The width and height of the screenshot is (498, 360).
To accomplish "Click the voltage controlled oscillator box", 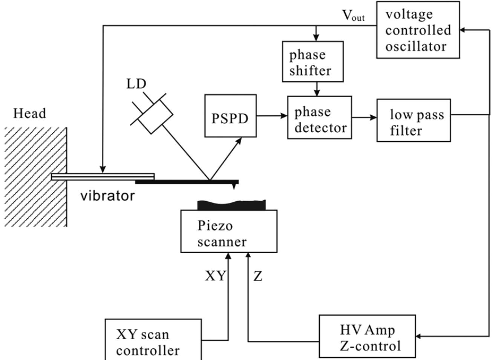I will pyautogui.click(x=418, y=30).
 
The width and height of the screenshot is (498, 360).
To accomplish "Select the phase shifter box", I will pyautogui.click(x=313, y=61).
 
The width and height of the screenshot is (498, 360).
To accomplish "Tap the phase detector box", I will pyautogui.click(x=319, y=118).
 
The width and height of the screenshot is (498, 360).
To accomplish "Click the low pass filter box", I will pyautogui.click(x=414, y=121).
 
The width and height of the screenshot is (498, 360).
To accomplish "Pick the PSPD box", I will pyautogui.click(x=230, y=116).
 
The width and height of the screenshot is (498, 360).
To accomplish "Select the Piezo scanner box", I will pyautogui.click(x=229, y=231).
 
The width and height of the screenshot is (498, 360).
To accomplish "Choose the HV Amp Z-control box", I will pyautogui.click(x=367, y=336).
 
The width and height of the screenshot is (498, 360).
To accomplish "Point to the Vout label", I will pyautogui.click(x=353, y=16).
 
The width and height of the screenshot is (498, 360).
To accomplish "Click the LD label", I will pyautogui.click(x=136, y=84).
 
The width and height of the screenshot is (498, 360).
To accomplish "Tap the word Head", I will pyautogui.click(x=29, y=113).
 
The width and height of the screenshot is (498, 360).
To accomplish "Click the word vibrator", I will pyautogui.click(x=107, y=196).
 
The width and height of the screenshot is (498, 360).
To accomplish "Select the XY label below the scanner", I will pyautogui.click(x=215, y=276).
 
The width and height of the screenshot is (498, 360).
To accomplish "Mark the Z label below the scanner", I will pyautogui.click(x=257, y=276).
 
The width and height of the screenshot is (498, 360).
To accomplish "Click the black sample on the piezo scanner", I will pyautogui.click(x=231, y=205).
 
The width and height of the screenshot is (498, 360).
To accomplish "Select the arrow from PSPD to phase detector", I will pyautogui.click(x=271, y=116).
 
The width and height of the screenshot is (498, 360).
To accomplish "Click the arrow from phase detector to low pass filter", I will pyautogui.click(x=364, y=118).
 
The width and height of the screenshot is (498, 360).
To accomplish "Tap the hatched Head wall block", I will pyautogui.click(x=35, y=177).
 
